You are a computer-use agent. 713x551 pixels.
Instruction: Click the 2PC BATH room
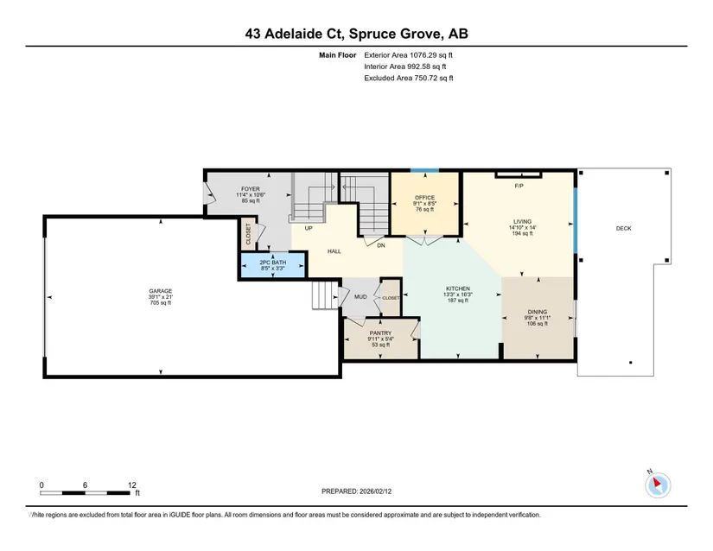pyautogui.click(x=273, y=265)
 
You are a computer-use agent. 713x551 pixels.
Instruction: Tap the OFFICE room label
pyautogui.click(x=424, y=198)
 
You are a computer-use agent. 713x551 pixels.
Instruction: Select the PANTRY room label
pyautogui.click(x=380, y=333)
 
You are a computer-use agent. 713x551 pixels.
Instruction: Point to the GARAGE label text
pyautogui.click(x=161, y=291)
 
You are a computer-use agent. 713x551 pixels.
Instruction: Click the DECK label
pyautogui.click(x=623, y=229)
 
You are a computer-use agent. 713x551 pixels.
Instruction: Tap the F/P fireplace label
pyautogui.click(x=519, y=186)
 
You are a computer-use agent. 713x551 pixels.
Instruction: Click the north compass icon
pyautogui.click(x=657, y=484)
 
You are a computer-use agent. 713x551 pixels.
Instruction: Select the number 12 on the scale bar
pyautogui.click(x=132, y=485)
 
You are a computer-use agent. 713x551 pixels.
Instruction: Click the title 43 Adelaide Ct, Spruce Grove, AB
pyautogui.click(x=356, y=34)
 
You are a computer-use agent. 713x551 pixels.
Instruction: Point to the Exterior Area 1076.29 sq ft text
pyautogui.click(x=408, y=55)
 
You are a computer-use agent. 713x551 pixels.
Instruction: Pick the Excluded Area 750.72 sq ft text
pyautogui.click(x=408, y=78)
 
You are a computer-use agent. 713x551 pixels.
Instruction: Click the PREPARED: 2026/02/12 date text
pyautogui.click(x=356, y=491)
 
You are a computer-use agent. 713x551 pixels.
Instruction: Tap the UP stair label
pyautogui.click(x=309, y=229)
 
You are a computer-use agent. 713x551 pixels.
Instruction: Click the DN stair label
pyautogui.click(x=381, y=245)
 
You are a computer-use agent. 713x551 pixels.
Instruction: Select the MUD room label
pyautogui.click(x=360, y=296)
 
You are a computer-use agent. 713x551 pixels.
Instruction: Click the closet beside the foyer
pyautogui.click(x=248, y=234)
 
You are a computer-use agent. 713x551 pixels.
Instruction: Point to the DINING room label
pyautogui.click(x=538, y=312)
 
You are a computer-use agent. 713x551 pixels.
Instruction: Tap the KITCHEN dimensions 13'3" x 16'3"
pyautogui.click(x=458, y=294)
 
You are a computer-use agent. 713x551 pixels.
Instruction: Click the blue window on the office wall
pyautogui.click(x=424, y=170)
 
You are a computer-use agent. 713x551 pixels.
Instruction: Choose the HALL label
pyautogui.click(x=334, y=251)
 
